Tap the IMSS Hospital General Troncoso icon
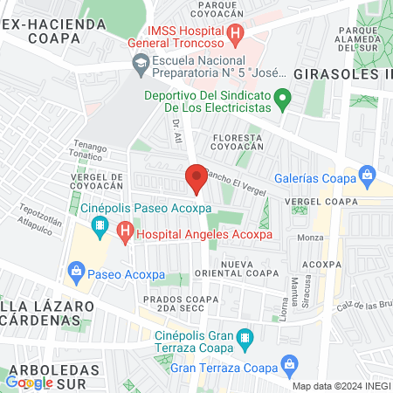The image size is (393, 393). pos(235,35)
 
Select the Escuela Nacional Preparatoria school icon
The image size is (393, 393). pos(140,62)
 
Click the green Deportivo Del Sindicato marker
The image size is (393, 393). pos(282,98)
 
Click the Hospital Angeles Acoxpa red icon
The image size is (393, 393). pos(125,233)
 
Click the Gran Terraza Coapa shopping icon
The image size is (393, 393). pos(288,363)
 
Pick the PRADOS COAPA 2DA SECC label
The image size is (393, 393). pos(174,304)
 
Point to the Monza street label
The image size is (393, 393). pos(311,238)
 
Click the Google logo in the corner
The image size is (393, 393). pos(30,382)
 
